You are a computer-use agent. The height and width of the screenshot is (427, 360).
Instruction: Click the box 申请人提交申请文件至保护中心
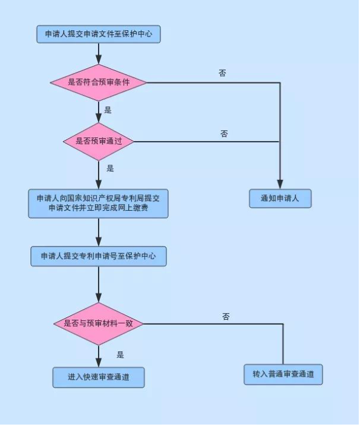pyautogui.click(x=99, y=34)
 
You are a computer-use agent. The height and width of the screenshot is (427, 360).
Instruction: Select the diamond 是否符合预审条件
pyautogui.click(x=99, y=82)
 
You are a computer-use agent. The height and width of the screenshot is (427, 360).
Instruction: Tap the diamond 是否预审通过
pyautogui.click(x=99, y=141)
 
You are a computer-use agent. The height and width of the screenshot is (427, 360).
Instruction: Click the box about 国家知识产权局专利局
pyautogui.click(x=98, y=204)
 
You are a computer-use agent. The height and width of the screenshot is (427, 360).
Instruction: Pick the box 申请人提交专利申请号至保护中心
pyautogui.click(x=99, y=256)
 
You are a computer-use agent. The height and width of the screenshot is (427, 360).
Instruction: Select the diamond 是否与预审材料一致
pyautogui.click(x=99, y=323)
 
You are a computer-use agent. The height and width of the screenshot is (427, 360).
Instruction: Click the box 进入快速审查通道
pyautogui.click(x=99, y=377)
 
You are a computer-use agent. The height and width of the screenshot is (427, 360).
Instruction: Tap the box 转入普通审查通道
pyautogui.click(x=283, y=374)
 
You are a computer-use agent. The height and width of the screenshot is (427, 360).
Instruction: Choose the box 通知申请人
pyautogui.click(x=280, y=199)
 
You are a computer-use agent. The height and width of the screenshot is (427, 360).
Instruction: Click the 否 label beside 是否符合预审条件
pyautogui.click(x=222, y=73)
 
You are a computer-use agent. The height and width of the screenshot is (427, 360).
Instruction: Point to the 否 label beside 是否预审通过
pyautogui.click(x=224, y=133)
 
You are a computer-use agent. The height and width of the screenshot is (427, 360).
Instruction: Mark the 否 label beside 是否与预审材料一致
pyautogui.click(x=226, y=316)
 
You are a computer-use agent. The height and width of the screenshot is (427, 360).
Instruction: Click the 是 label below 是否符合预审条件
pyautogui.click(x=108, y=110)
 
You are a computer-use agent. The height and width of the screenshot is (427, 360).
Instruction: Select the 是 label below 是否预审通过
pyautogui.click(x=110, y=168)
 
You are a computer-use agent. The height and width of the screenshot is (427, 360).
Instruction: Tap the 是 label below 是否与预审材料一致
pyautogui.click(x=120, y=354)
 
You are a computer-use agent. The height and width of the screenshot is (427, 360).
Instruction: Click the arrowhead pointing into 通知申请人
pyautogui.click(x=280, y=184)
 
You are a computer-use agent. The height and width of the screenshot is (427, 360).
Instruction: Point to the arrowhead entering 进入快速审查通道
pyautogui.click(x=99, y=362)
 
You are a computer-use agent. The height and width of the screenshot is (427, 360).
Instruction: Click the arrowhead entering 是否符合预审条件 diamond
pyautogui.click(x=99, y=59)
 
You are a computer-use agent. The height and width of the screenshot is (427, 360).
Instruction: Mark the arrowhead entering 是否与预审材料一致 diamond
pyautogui.click(x=99, y=297)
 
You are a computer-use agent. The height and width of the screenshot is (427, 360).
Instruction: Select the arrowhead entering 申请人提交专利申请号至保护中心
pyautogui.click(x=99, y=242)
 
